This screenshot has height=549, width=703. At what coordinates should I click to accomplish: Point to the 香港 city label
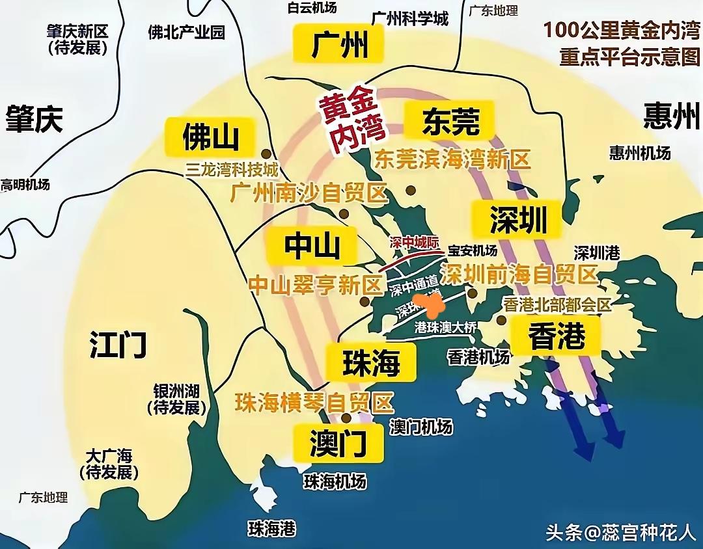557,336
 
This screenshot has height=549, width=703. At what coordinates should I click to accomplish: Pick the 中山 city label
312,247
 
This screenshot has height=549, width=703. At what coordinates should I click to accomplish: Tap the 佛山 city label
210,137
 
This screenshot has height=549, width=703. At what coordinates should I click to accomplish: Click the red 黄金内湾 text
351,121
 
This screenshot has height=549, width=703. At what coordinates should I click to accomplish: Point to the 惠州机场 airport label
640,153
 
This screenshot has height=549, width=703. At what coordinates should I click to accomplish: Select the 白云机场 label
312,8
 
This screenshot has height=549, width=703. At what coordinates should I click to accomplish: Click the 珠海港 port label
272,528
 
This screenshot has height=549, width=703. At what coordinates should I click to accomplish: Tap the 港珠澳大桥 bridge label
445,328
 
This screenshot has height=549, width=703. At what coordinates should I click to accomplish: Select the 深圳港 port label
596,253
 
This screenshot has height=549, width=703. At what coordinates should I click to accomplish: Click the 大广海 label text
109,456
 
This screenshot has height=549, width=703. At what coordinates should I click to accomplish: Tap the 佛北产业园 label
186,32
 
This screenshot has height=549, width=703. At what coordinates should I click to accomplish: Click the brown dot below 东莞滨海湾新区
411,190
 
